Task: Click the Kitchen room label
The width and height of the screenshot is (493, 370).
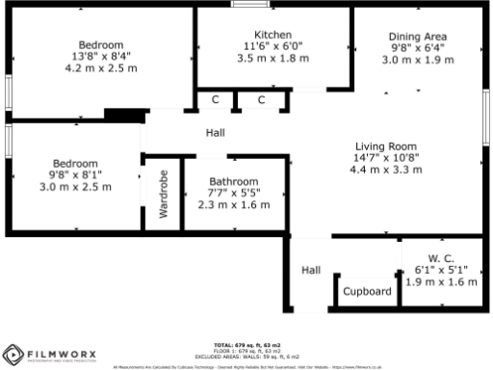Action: point(273,34)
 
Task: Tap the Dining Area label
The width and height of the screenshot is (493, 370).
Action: point(417,36)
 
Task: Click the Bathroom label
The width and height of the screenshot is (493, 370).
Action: point(235,181)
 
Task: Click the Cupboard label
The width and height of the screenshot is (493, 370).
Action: point(367,291)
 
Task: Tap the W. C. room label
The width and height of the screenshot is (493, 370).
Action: point(440,258)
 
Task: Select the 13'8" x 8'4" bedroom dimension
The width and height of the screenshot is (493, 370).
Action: point(100,57)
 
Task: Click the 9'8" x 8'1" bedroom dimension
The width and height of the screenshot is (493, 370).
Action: point(76,174)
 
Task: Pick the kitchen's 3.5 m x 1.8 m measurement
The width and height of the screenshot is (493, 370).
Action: point(273,59)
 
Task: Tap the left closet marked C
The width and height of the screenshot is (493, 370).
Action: point(216,99)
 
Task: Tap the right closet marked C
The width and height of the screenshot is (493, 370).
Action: point(262,99)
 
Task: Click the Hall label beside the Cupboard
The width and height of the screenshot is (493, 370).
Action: point(311,271)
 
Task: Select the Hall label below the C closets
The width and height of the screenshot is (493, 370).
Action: point(217,133)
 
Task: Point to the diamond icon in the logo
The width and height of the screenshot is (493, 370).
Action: point(13,354)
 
